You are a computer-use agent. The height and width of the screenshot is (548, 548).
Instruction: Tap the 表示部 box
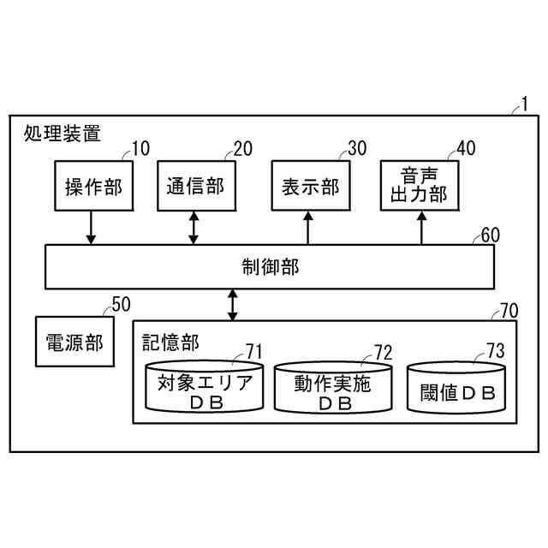point(309,186)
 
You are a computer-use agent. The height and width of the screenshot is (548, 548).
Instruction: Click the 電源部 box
point(74,341)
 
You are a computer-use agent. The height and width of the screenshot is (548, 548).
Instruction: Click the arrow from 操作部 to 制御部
point(92,228)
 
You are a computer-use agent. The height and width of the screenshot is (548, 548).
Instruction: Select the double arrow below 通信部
point(194,228)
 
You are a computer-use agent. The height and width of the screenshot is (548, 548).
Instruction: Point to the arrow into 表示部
point(308,228)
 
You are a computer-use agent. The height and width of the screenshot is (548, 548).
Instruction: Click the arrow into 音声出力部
point(421,228)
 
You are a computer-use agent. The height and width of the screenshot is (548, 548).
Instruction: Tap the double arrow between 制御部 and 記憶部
point(232,305)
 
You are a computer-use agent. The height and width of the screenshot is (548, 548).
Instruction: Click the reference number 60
point(491,234)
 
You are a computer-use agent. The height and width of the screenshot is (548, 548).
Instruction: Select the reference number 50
point(122,303)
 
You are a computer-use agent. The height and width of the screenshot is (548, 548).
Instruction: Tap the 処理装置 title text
point(63,134)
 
